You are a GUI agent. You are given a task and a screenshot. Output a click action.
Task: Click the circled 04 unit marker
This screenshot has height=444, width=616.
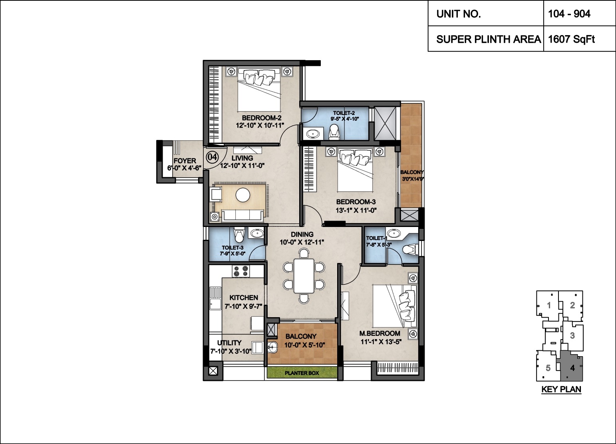tap(212, 157)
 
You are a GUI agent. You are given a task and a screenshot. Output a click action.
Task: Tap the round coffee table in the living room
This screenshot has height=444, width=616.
tap(243, 195)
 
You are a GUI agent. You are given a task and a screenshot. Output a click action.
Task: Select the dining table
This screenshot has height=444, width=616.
tap(304, 276)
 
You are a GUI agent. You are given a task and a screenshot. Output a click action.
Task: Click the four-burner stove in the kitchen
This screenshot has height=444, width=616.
tap(241, 271)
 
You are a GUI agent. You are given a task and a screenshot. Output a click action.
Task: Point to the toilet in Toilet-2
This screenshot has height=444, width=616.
tap(334, 131)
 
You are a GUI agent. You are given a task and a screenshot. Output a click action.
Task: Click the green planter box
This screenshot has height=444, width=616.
tap(302, 373)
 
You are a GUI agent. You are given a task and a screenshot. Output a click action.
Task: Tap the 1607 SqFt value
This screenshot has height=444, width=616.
tap(571, 39)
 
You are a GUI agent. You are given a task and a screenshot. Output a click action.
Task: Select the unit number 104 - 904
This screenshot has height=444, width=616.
tap(569, 14)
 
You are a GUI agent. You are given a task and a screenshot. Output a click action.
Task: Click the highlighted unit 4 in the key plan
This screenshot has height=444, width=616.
tap(571, 368)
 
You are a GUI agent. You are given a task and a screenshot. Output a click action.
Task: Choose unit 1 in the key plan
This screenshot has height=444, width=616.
tap(548, 305)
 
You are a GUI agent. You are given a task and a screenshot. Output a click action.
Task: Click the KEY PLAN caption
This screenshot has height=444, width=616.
tap(561, 389)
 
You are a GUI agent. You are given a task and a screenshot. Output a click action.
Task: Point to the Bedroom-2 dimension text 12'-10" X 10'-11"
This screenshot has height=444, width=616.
tap(260, 126)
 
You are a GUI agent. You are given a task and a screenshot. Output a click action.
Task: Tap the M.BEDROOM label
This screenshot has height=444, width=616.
tap(380, 333)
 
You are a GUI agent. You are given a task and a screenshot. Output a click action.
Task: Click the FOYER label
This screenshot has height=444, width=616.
tap(185, 161)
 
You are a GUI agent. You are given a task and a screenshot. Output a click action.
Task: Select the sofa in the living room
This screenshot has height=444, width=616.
tap(242, 215)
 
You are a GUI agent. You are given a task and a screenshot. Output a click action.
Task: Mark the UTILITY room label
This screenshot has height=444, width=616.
tap(229, 343)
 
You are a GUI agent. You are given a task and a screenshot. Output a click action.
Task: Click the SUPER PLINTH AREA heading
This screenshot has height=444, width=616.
tap(489, 39)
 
